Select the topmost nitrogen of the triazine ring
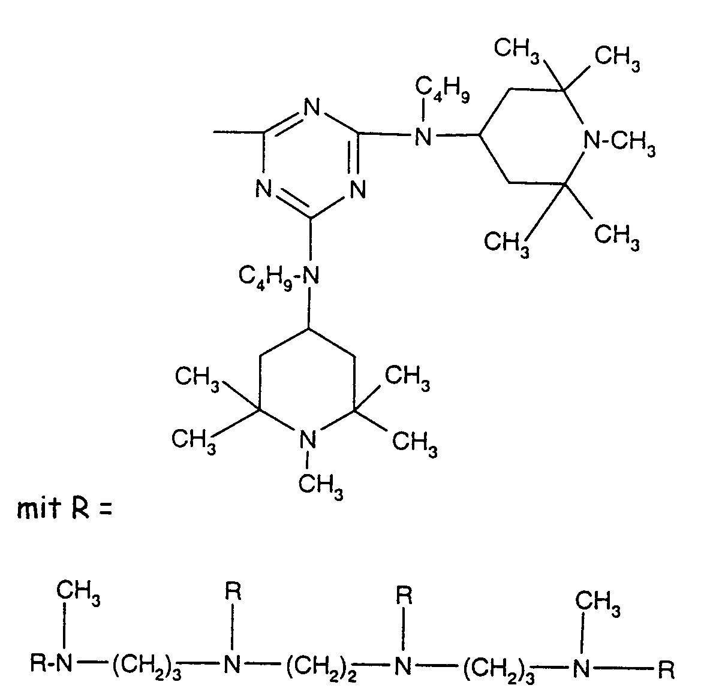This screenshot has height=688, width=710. tap(311, 109)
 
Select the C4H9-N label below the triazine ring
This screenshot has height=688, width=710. tap(279, 276)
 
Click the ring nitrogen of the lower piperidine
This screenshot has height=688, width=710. tap(307, 440)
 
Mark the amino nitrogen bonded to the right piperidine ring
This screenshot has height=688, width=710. tap(423, 138)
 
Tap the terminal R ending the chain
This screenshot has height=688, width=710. tap(666, 665)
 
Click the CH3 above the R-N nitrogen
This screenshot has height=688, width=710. tap(78, 595)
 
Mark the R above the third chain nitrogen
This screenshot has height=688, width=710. tap(405, 596)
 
